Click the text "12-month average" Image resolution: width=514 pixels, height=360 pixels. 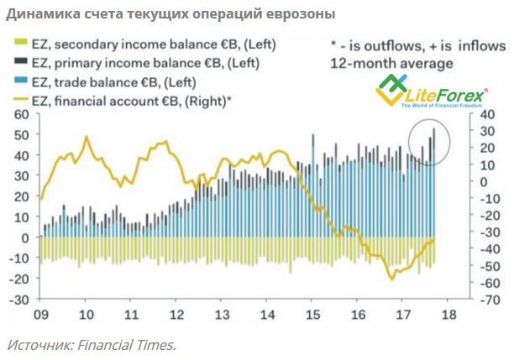391,63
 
